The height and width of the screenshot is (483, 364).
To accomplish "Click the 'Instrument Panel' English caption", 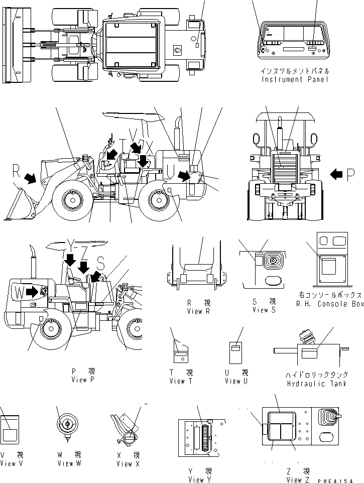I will [295, 79].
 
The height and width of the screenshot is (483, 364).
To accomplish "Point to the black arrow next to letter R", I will [32, 178].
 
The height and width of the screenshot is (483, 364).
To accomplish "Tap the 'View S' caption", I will [261, 310].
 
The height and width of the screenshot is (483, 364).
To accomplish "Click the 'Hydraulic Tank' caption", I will [310, 384].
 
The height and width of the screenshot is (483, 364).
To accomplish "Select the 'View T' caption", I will [181, 381].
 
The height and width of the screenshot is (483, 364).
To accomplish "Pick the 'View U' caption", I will [236, 381].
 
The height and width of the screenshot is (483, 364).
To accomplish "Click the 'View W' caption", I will [69, 463].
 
